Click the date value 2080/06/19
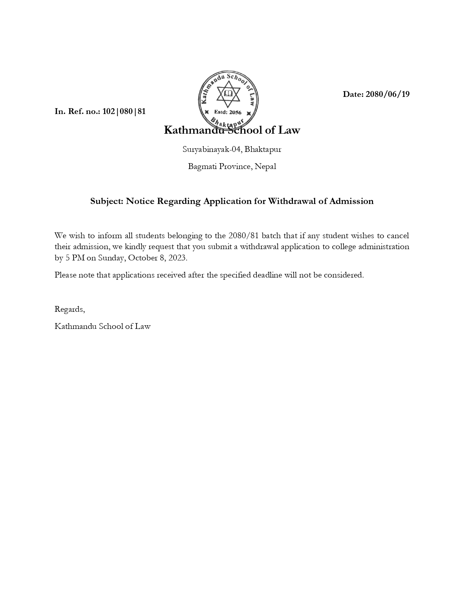tap(388, 94)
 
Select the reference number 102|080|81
tap(124, 111)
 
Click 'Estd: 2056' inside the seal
tap(228, 112)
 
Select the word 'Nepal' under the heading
tap(265, 166)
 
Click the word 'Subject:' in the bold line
tap(107, 201)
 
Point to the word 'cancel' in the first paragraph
tap(398, 236)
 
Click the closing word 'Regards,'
tap(70, 310)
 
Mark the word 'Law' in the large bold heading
tap(289, 130)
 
